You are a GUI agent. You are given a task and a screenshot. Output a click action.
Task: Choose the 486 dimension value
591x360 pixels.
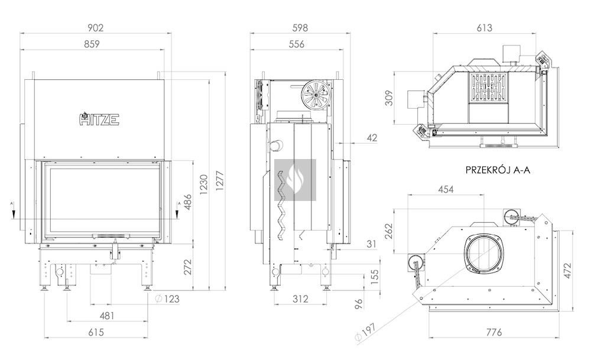coord(187,203)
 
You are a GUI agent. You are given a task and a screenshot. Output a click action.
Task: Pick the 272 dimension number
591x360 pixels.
coord(187,267)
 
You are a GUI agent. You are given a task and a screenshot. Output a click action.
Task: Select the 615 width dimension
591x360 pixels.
coord(96,332)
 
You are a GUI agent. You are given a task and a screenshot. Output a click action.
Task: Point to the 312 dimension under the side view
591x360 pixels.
coord(300,299)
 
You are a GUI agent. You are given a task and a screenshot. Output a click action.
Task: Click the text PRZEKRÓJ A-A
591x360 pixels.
coord(498,170)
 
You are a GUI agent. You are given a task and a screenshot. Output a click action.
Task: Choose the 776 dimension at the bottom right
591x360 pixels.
coord(492,332)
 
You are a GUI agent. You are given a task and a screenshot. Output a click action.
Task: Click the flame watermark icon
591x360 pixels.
coord(295,179)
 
